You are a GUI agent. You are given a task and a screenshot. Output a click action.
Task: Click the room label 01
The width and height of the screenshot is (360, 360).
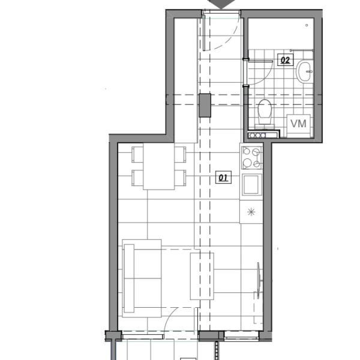223,177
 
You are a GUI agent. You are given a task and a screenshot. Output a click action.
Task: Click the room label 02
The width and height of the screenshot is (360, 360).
285,60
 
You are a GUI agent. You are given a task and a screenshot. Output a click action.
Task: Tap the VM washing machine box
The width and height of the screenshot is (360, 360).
298,125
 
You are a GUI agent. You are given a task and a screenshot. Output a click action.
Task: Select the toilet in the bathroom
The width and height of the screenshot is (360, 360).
265,112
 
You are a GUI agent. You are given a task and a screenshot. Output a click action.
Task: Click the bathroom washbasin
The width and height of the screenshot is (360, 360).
305,71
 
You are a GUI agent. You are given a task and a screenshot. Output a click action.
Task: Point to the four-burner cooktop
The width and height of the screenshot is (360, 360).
251,158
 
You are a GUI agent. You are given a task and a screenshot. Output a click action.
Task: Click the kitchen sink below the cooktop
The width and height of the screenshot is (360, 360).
251,185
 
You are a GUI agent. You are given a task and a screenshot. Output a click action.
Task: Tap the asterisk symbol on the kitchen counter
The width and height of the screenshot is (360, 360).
251,212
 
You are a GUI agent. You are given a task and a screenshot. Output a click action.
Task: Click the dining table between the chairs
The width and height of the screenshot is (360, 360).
158,166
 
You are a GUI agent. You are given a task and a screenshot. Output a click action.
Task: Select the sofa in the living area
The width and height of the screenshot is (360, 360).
142,278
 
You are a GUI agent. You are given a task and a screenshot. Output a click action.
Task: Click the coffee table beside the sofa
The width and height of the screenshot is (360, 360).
202,276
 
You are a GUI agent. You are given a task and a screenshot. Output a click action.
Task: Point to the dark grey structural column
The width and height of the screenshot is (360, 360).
205,106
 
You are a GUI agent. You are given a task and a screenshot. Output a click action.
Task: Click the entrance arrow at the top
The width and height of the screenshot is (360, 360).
221,4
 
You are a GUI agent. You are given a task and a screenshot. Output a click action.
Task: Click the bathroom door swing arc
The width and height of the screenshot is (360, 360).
266,76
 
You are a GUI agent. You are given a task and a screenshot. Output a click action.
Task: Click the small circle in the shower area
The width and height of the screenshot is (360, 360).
307,25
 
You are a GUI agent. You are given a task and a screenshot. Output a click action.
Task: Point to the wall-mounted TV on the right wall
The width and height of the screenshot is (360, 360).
259,281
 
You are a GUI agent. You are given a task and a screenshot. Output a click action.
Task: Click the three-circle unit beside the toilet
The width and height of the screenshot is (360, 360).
257,136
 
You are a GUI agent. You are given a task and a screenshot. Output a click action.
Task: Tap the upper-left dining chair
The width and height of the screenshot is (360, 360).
137,155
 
